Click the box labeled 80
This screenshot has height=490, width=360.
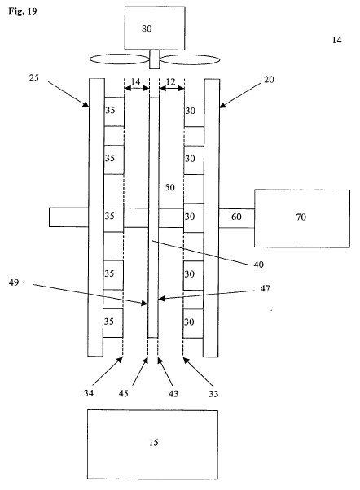tap(155, 28)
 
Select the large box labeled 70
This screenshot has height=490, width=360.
tap(302, 218)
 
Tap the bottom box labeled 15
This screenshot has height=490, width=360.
tap(152, 444)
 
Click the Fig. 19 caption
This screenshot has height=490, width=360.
tap(23, 11)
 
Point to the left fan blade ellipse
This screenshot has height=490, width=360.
tap(119, 59)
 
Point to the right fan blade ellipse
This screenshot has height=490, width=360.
tap(190, 59)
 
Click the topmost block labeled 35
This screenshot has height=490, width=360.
tap(114, 112)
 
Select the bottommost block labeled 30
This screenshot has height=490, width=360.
tap(193, 323)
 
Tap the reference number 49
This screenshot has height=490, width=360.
tap(14, 282)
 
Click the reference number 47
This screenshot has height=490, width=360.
tap(265, 288)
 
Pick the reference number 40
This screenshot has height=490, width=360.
tap(258, 265)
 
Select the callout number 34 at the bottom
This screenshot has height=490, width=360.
tap(89, 393)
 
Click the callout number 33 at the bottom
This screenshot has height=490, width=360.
tap(213, 394)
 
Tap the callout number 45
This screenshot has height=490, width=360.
tap(123, 393)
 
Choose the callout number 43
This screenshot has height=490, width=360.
tap(173, 394)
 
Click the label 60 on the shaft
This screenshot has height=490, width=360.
tap(236, 217)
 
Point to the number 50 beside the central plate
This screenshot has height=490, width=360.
tap(169, 187)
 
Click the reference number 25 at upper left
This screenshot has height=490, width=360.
tap(33, 78)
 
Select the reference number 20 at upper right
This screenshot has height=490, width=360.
tap(269, 80)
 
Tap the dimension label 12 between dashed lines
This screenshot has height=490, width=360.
tap(170, 82)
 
